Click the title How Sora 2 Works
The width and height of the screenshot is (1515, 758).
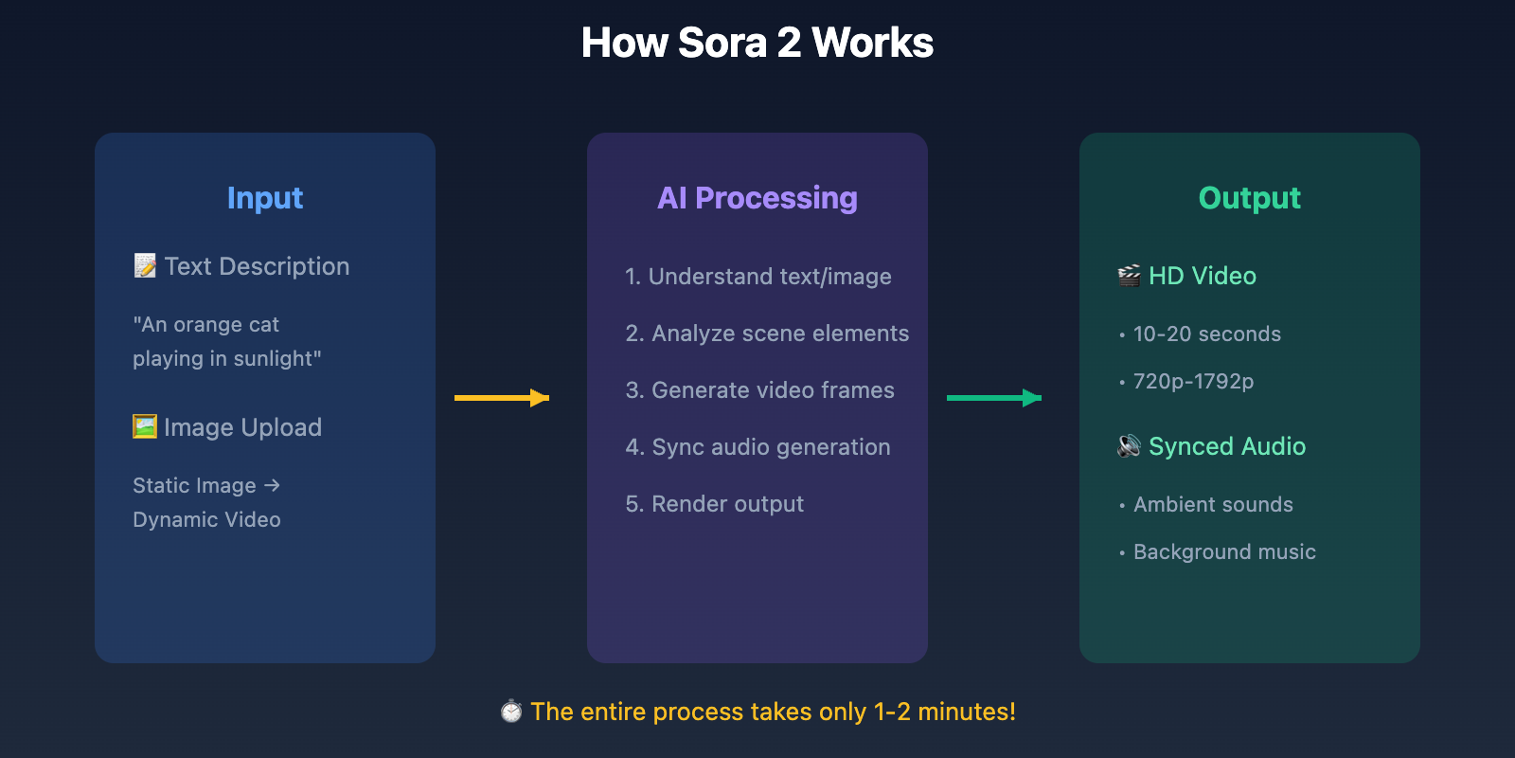tap(757, 43)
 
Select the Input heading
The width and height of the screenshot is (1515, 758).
tap(265, 198)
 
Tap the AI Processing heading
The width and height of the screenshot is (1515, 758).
tap(757, 198)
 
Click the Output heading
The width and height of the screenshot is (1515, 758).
tap(1249, 198)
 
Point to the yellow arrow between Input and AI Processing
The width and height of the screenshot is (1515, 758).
tap(502, 398)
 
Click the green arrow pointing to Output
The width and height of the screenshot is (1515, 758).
tap(994, 398)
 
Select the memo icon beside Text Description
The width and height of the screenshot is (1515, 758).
tap(145, 265)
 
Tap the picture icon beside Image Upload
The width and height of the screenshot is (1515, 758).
tap(145, 426)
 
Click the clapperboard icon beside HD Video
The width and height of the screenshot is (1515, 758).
tap(1129, 276)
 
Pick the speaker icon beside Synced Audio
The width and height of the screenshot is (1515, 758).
tap(1129, 445)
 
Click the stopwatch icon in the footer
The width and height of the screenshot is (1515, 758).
tap(511, 711)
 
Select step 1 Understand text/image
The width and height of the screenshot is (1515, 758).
tap(757, 277)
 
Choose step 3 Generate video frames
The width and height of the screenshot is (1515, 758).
tap(759, 390)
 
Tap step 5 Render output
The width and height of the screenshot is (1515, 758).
tap(714, 504)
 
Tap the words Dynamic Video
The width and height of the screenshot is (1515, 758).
tap(206, 520)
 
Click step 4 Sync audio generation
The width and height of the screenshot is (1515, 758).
tap(757, 447)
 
